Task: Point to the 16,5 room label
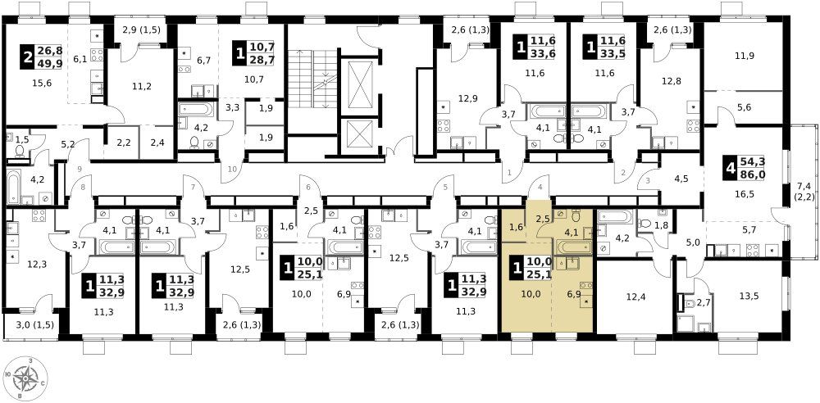pos(745,194)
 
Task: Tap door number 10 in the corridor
pos(232,168)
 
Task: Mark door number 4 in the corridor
pos(540,185)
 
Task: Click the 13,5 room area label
pos(749,296)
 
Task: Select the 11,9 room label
pos(745,56)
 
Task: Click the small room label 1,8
pos(662,225)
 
